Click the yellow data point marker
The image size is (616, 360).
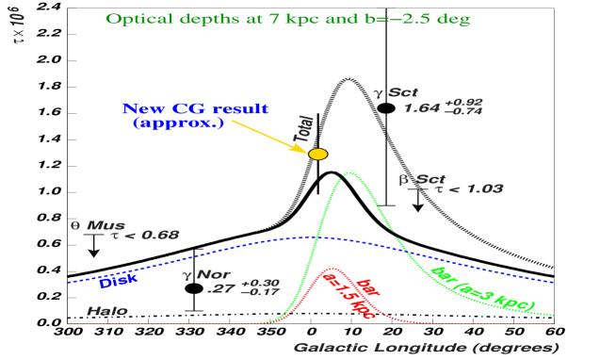point(318,154)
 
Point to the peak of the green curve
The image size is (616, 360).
point(350,172)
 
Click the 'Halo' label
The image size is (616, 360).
point(101,308)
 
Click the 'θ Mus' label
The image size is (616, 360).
point(92,225)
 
